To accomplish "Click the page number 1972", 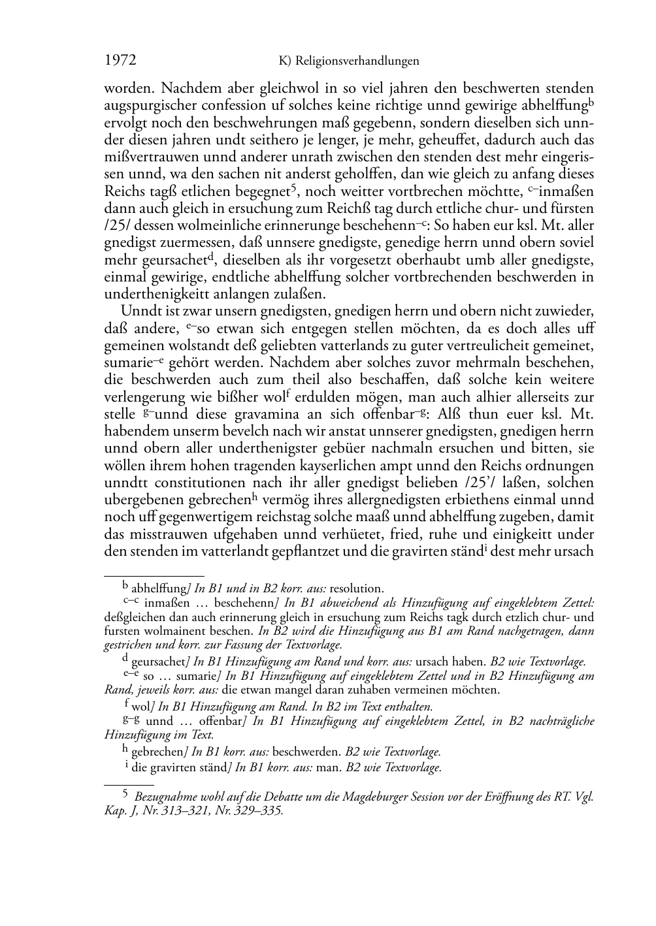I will click(120, 61).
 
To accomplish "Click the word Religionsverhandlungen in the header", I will click(357, 61).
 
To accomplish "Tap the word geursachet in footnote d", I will click(158, 662).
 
